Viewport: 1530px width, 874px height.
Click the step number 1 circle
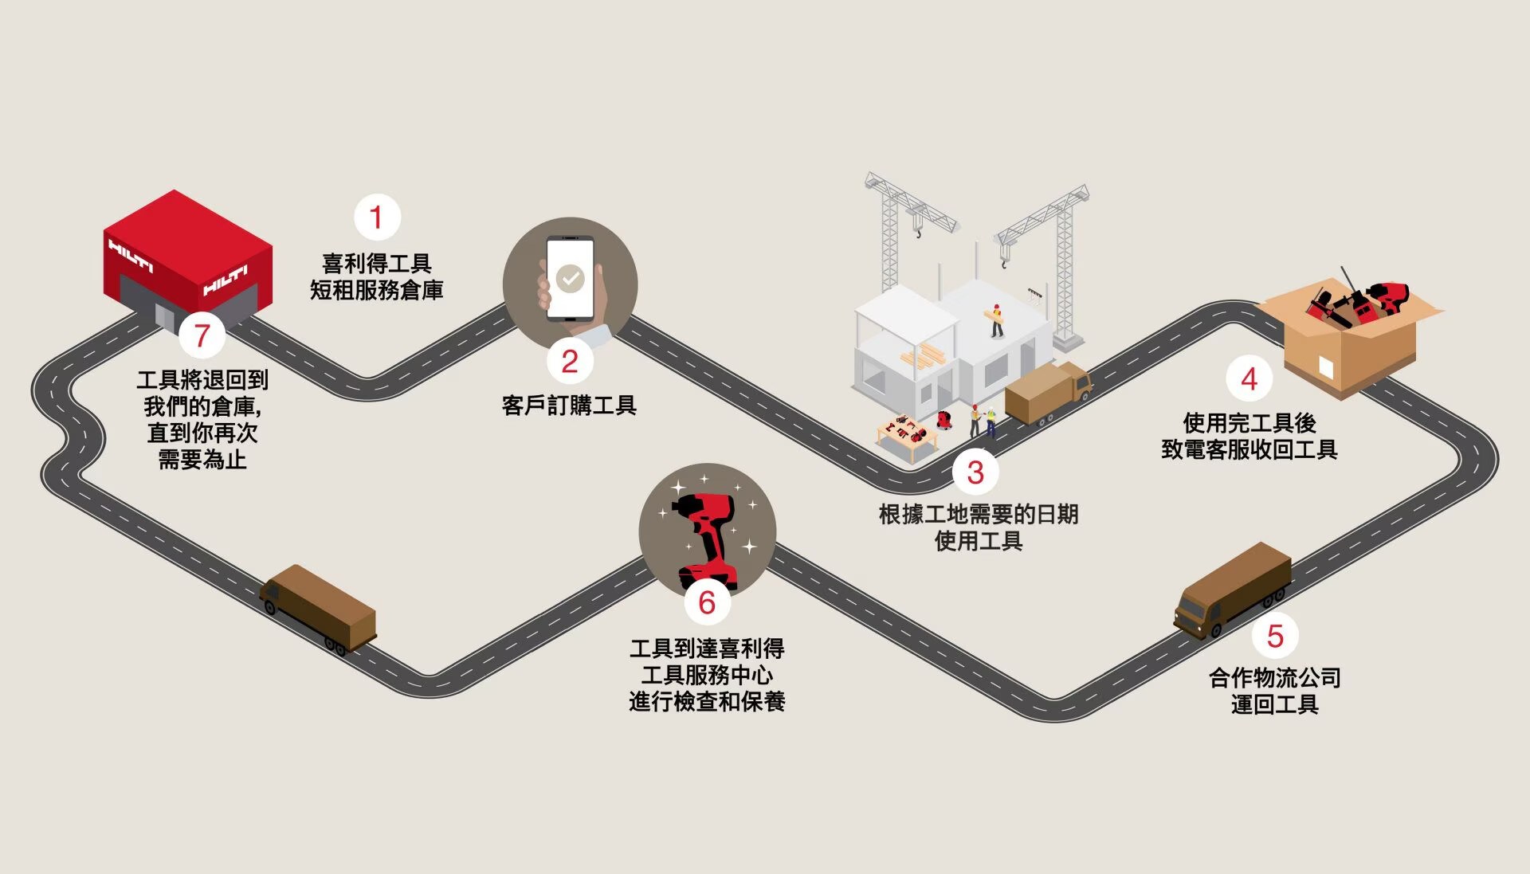377,217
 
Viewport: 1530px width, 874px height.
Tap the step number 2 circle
570,361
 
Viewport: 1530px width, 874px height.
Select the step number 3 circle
975,472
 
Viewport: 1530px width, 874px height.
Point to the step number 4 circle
1249,379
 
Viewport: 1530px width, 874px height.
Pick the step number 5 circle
1275,636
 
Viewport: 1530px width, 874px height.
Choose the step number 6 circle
707,602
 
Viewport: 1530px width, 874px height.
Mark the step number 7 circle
202,335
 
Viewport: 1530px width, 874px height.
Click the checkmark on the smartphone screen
570,278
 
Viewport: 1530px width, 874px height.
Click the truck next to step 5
1232,590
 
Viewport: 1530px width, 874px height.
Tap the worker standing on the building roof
997,319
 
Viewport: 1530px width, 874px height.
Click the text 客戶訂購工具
569,406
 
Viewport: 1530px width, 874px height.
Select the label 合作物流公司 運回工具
1274,691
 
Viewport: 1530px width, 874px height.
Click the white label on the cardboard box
1326,367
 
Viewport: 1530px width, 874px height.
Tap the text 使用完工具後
1249,422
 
